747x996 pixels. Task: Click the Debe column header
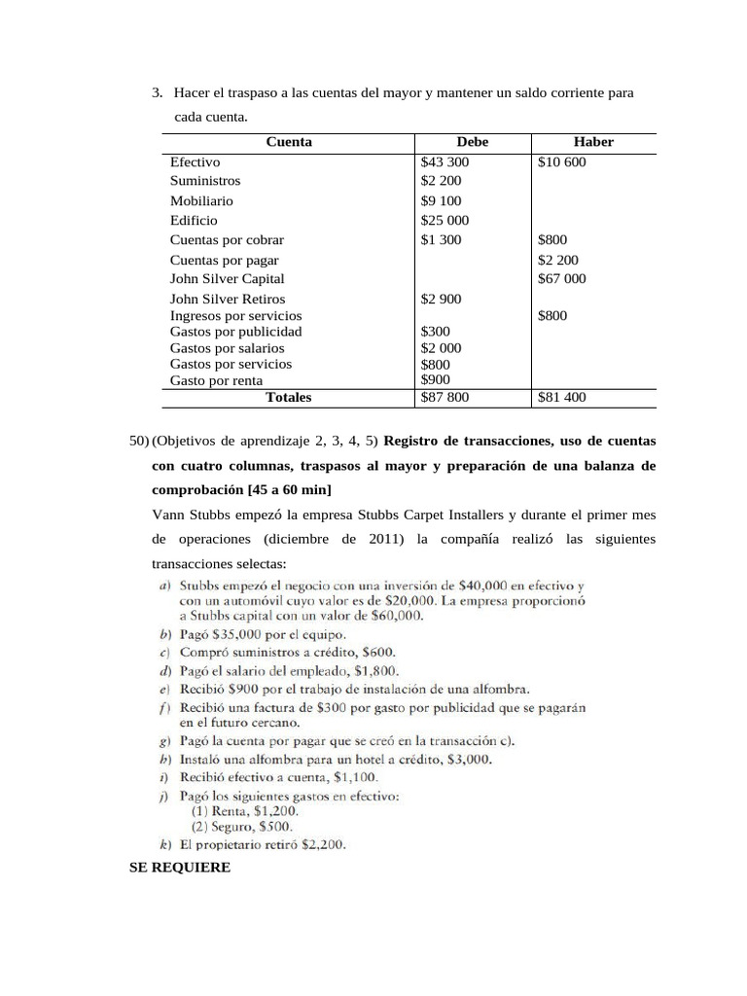coord(473,142)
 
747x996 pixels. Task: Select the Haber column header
coord(593,142)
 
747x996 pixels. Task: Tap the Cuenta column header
coord(289,142)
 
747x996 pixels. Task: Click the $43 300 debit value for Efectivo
coord(445,162)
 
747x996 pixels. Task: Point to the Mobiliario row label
coord(201,201)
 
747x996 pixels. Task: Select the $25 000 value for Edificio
coord(445,221)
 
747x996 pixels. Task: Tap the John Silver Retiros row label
coord(228,300)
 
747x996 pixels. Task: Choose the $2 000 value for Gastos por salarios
coord(441,348)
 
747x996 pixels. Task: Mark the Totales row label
coord(289,397)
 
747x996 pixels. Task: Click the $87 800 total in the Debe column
coord(445,397)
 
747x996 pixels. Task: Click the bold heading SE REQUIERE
coord(180,867)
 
